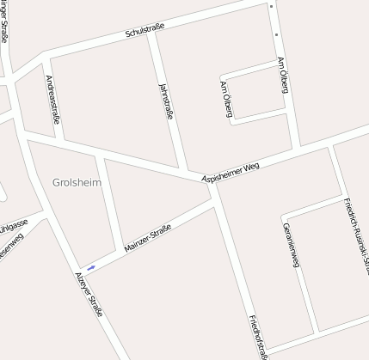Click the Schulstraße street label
[145, 32]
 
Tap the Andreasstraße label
[51, 99]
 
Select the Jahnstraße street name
[166, 101]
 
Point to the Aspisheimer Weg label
[230, 170]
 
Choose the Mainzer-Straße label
[147, 237]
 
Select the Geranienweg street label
[289, 245]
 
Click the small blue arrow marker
[90, 268]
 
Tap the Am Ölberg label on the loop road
[226, 101]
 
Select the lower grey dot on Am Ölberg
[276, 35]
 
